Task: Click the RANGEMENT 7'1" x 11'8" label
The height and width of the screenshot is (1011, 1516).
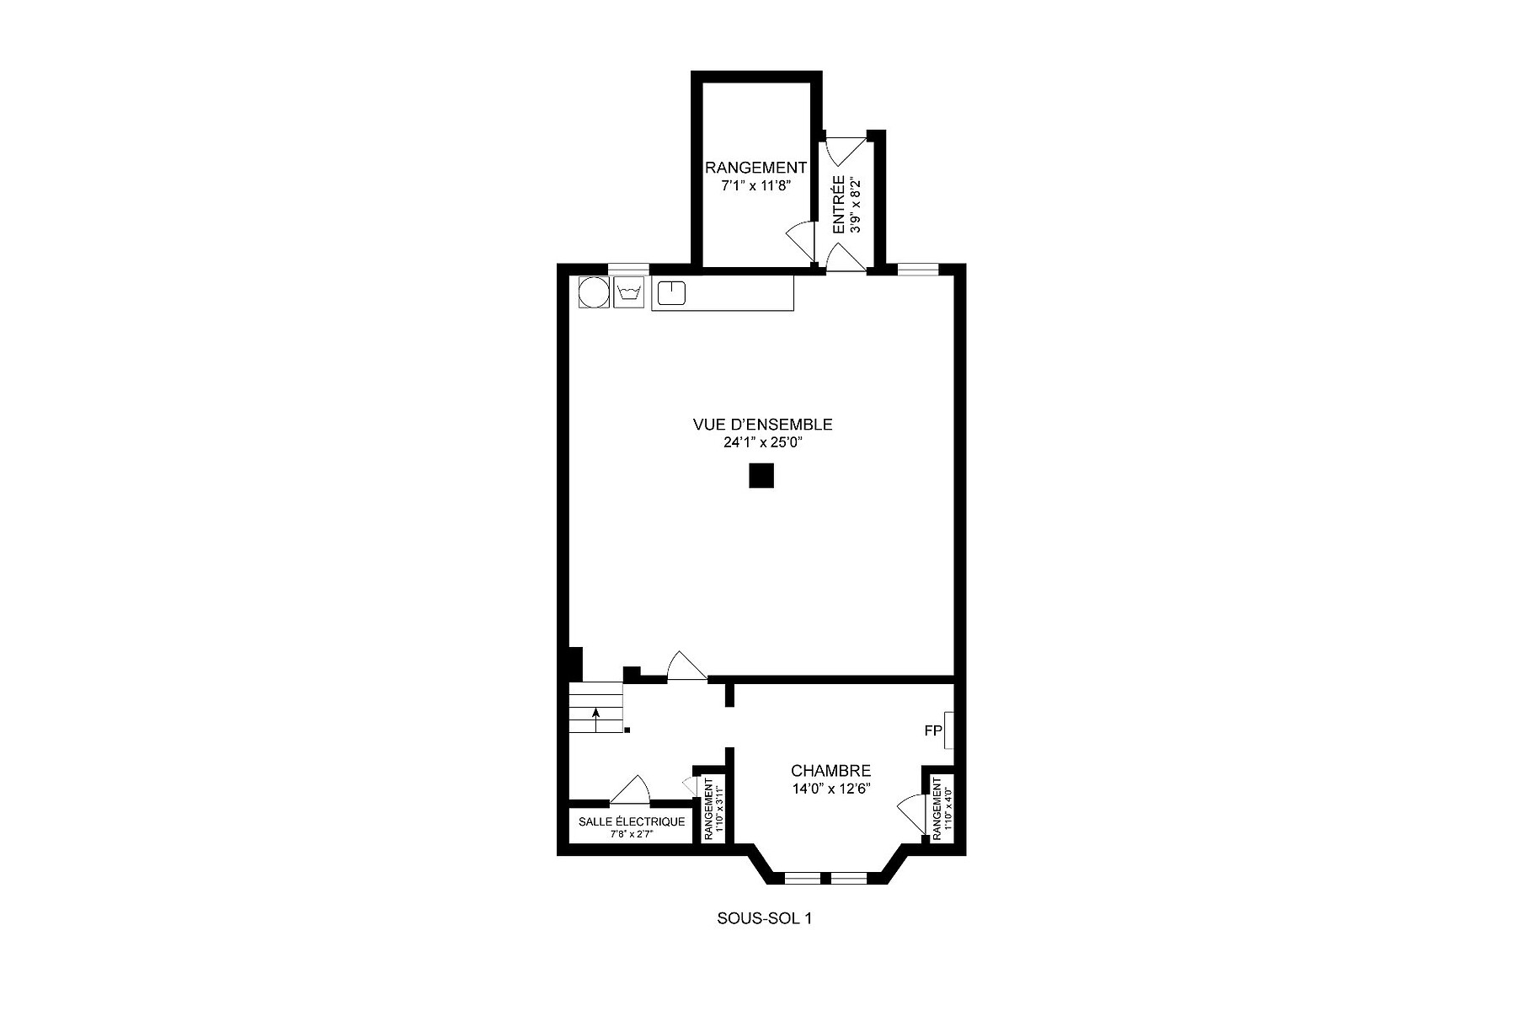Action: pos(755,176)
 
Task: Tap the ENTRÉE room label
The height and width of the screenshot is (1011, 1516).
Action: pos(839,205)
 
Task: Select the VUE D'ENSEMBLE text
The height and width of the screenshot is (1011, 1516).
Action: pos(762,425)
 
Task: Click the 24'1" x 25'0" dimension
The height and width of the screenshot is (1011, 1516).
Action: pos(762,443)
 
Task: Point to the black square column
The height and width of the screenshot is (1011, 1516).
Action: pos(761,476)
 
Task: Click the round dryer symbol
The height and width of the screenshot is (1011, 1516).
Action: pos(594,292)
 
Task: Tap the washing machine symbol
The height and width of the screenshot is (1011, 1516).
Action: pos(628,292)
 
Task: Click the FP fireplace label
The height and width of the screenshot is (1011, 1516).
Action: pos(932,730)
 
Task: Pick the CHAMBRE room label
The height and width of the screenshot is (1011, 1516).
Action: pos(830,771)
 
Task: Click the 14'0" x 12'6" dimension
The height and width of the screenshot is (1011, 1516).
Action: pos(830,789)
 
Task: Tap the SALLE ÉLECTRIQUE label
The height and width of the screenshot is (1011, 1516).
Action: pos(632,821)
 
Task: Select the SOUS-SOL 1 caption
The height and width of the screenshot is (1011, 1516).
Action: pos(764,918)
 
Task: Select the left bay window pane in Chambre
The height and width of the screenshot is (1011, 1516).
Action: pos(802,879)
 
